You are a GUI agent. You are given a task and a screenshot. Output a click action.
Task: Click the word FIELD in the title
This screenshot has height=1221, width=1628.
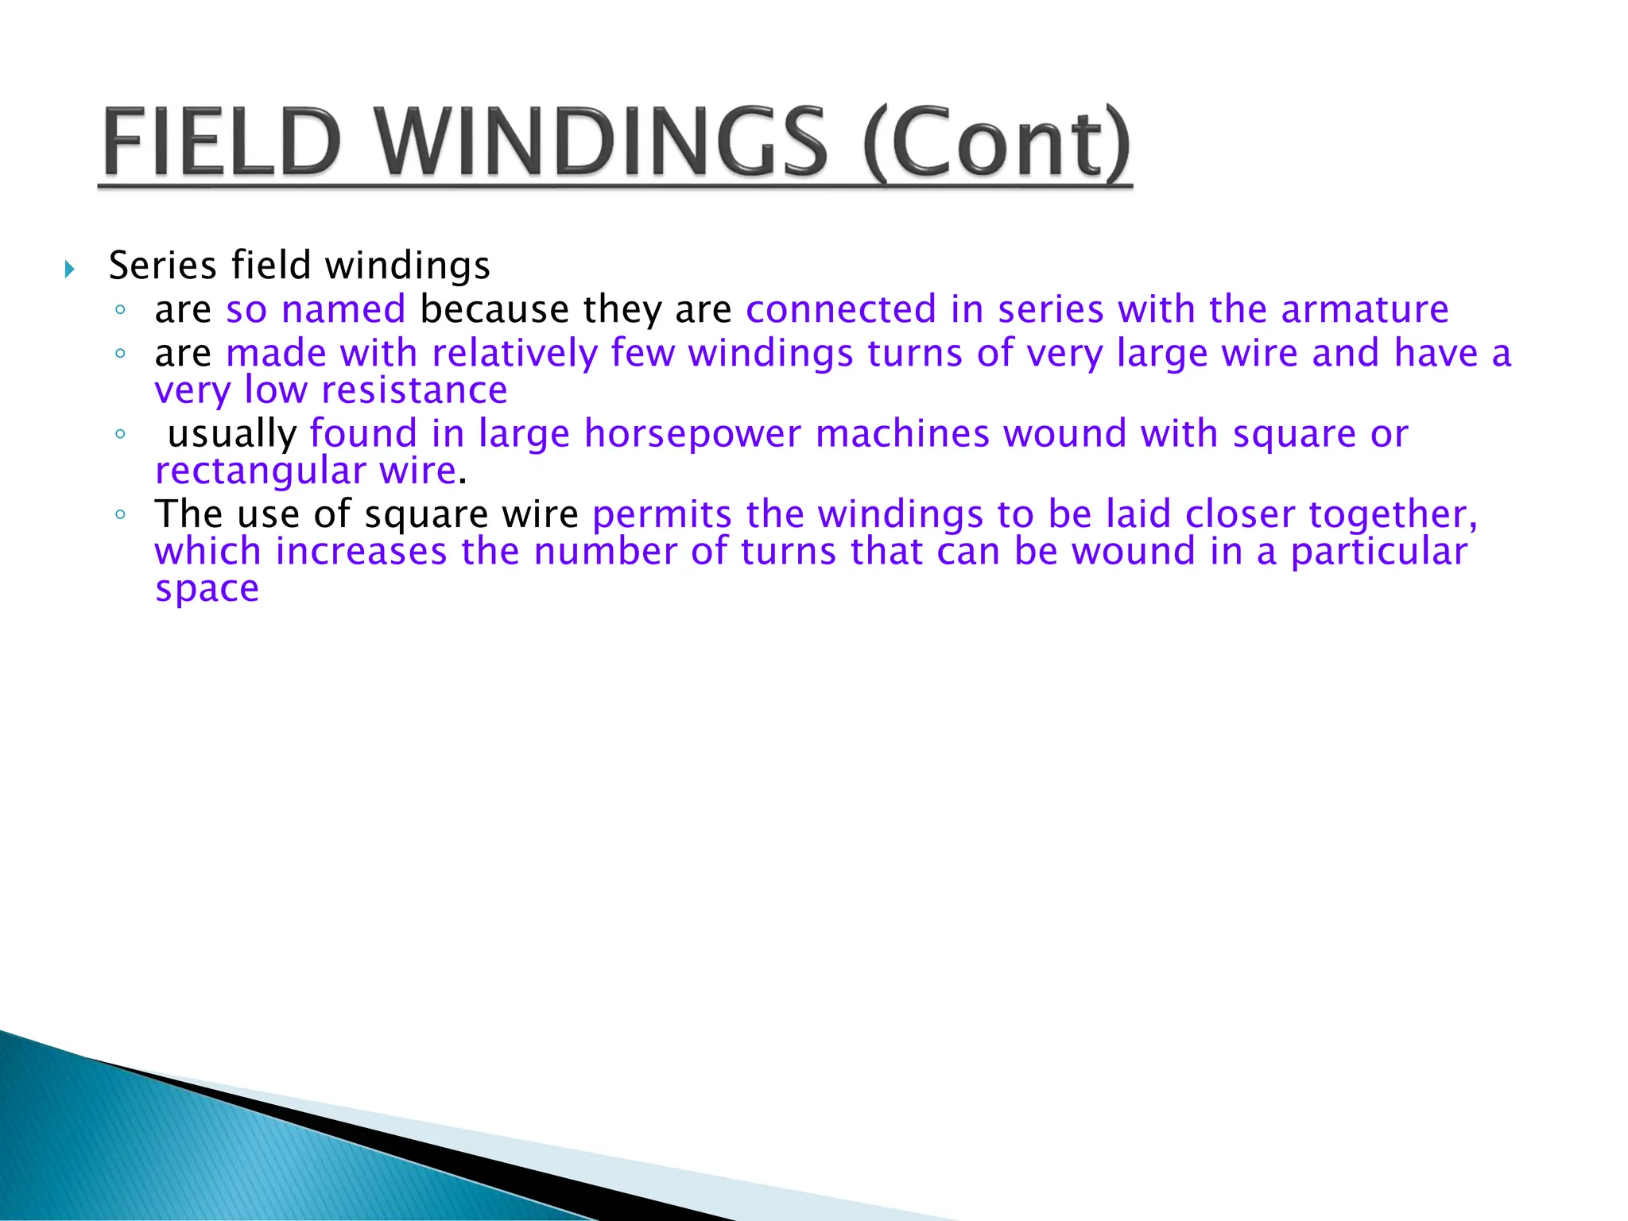pos(222,143)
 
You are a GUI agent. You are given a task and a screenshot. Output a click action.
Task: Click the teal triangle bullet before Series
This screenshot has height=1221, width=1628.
pos(70,269)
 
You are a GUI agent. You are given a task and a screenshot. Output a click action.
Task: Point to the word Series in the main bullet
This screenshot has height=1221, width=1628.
pos(163,266)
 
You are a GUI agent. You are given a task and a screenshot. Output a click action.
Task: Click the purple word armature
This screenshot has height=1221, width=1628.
pos(1365,309)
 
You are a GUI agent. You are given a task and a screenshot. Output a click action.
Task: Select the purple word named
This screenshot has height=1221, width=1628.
pos(343,309)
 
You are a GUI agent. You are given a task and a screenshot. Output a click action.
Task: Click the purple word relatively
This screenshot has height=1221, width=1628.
pos(514,353)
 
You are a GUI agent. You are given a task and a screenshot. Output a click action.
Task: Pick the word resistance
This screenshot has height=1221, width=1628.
pos(414,390)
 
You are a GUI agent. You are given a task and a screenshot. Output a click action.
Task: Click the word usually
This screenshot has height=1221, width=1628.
pos(232,434)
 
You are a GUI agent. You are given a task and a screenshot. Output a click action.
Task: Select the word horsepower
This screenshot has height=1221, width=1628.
pos(692,434)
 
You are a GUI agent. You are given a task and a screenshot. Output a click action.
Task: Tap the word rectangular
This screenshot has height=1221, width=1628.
pos(260,471)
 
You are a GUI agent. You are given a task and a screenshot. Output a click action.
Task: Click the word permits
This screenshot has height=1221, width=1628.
pos(661,514)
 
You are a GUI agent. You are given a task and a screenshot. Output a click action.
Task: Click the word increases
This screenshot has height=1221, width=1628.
pos(361,552)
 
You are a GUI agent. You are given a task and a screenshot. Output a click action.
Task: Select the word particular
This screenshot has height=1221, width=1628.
pos(1378,552)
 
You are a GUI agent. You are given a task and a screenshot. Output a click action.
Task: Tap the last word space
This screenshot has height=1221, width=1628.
pos(207,589)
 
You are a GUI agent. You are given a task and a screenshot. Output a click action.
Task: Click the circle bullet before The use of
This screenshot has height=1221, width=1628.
pos(120,515)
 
